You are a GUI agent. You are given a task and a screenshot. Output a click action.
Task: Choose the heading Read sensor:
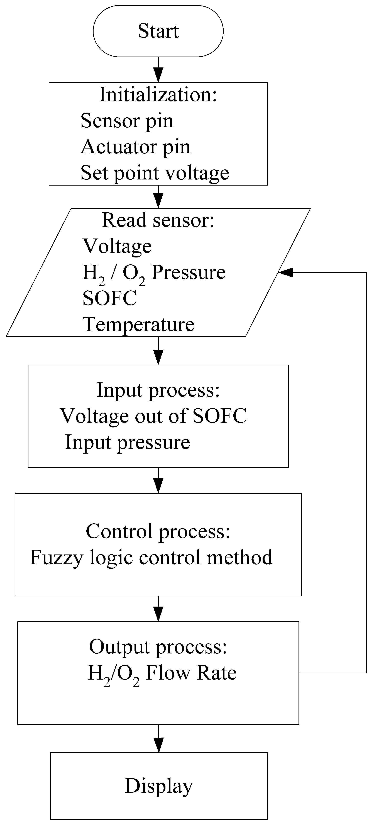click(x=158, y=221)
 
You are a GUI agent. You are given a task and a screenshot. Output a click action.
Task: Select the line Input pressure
click(x=128, y=442)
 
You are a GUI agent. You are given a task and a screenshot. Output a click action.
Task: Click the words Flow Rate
click(x=191, y=673)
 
